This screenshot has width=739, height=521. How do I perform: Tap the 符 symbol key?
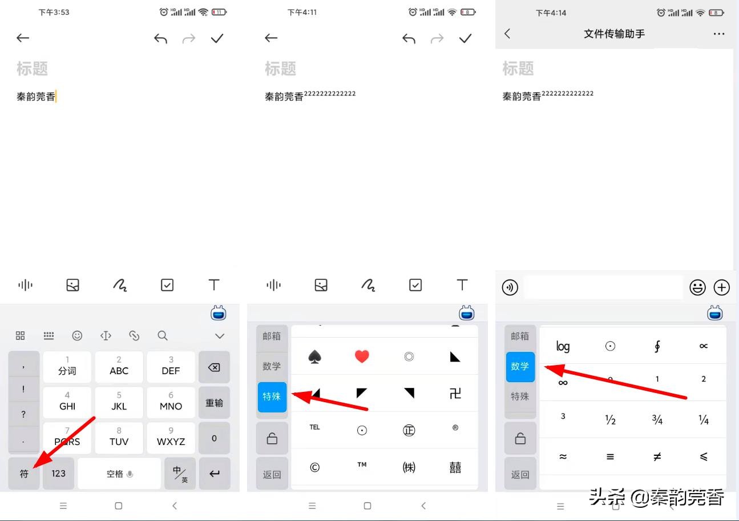pyautogui.click(x=24, y=473)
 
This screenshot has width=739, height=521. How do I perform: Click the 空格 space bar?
pyautogui.click(x=119, y=473)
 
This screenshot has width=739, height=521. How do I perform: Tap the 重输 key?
pyautogui.click(x=214, y=403)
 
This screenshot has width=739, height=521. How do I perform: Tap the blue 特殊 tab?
pyautogui.click(x=272, y=396)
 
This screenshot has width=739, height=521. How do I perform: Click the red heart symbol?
pyautogui.click(x=362, y=356)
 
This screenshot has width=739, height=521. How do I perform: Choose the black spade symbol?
pyautogui.click(x=314, y=356)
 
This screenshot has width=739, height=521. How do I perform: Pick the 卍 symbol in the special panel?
pyautogui.click(x=455, y=393)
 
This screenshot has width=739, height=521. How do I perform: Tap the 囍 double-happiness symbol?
pyautogui.click(x=455, y=467)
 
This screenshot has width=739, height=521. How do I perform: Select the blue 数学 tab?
pyautogui.click(x=520, y=366)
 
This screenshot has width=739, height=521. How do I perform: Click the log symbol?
pyautogui.click(x=563, y=346)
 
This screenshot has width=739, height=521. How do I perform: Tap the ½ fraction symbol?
pyautogui.click(x=610, y=420)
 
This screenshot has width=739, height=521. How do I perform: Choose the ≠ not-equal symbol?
pyautogui.click(x=657, y=456)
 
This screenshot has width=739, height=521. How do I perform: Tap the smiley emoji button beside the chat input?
pyautogui.click(x=697, y=287)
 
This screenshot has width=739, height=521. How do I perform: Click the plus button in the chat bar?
pyautogui.click(x=722, y=287)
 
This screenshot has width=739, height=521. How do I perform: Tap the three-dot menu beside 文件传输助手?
pyautogui.click(x=718, y=34)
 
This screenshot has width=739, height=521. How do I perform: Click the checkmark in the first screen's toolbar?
pyautogui.click(x=217, y=38)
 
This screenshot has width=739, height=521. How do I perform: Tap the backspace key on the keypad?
pyautogui.click(x=214, y=367)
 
